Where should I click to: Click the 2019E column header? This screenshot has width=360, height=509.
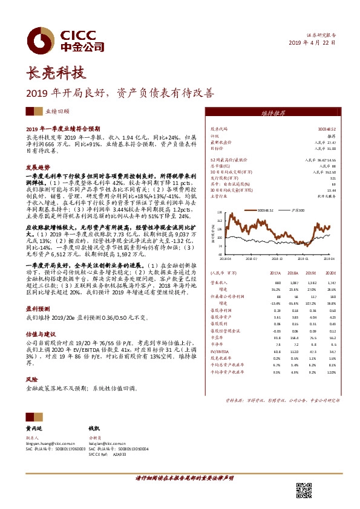pyautogui.click(x=312, y=273)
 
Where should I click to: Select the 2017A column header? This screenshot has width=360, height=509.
pyautogui.click(x=276, y=273)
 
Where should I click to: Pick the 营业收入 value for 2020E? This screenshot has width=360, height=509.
pyautogui.click(x=330, y=283)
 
